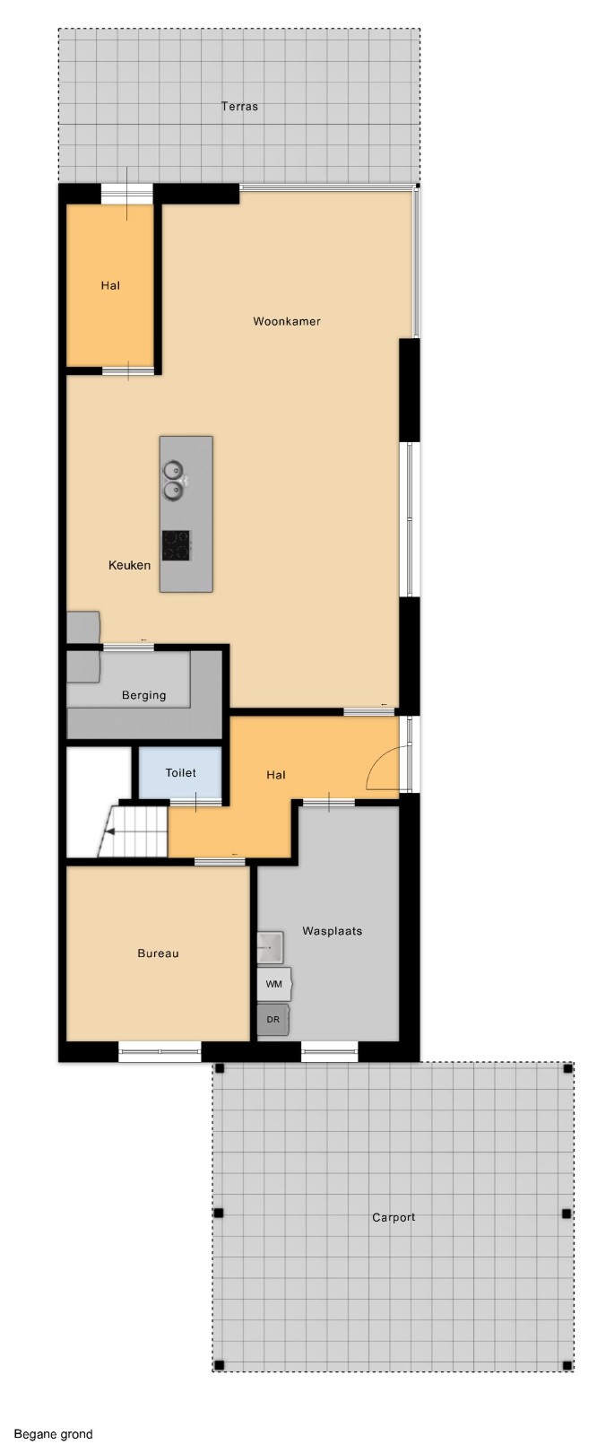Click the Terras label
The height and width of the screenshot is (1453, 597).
[239, 107]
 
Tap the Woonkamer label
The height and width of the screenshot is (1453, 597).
[287, 321]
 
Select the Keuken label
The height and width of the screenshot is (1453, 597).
[130, 565]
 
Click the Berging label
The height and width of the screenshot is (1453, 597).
[144, 695]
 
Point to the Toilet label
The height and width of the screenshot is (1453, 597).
[180, 772]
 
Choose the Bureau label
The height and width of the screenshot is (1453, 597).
[158, 953]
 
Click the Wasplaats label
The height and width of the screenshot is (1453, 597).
[332, 932]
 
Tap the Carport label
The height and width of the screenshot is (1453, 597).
[394, 1217]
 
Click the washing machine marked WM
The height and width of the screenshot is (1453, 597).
[274, 984]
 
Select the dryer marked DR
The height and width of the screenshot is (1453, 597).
[273, 1020]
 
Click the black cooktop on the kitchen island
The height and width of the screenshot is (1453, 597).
[176, 545]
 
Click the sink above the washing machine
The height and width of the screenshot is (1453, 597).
[271, 948]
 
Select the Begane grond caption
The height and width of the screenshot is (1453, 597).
[53, 1434]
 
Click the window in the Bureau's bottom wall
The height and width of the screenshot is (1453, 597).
[160, 1051]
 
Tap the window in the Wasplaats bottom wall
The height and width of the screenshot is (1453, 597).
[329, 1051]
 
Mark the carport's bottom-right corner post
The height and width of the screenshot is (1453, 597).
[567, 1366]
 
